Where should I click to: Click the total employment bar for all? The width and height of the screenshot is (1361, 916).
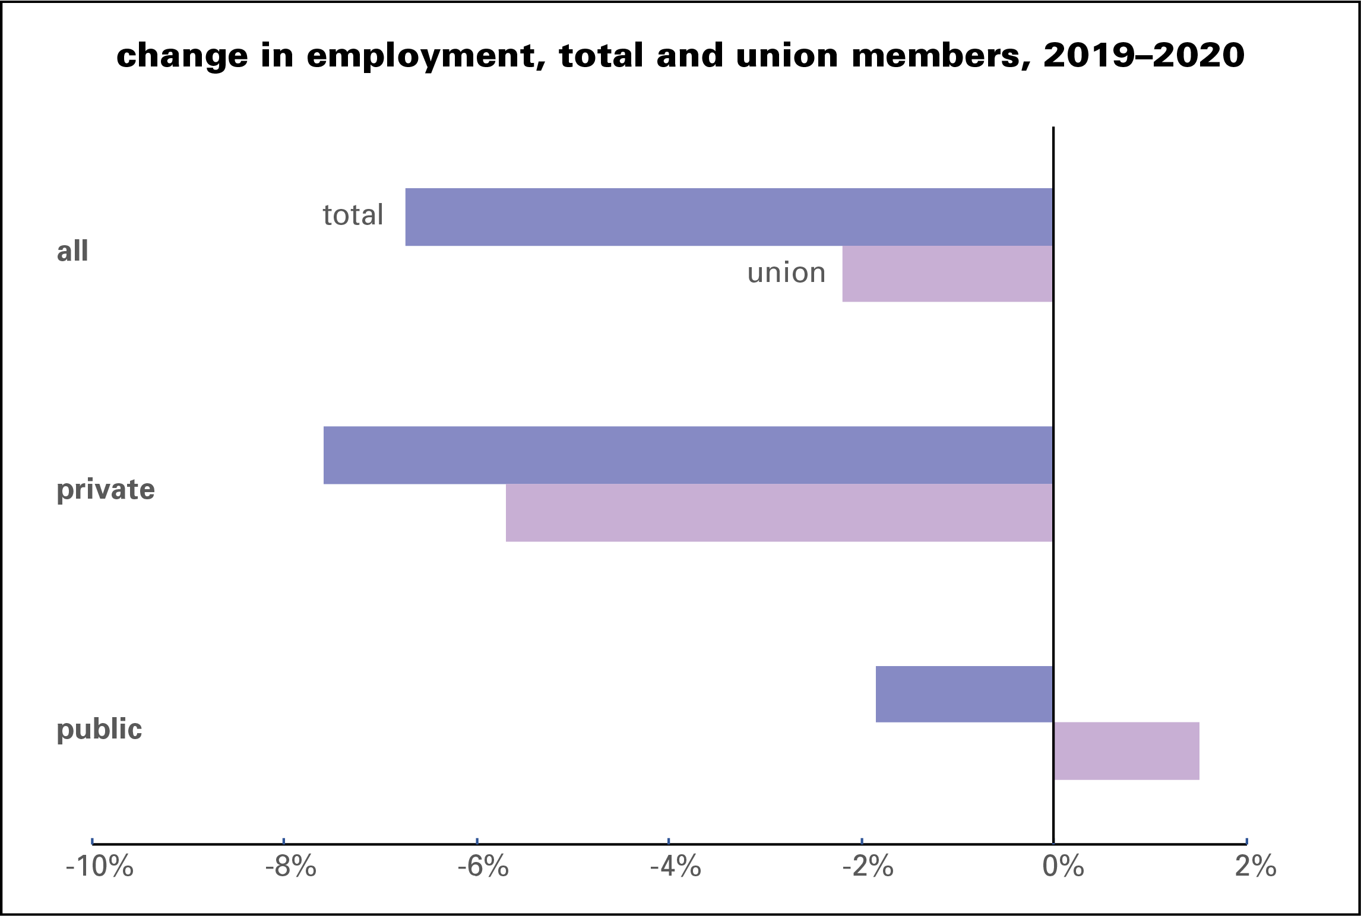tap(729, 217)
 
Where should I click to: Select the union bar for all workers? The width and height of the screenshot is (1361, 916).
tap(948, 274)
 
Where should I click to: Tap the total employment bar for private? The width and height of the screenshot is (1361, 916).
tap(688, 455)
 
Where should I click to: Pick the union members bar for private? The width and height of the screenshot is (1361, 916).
tap(779, 512)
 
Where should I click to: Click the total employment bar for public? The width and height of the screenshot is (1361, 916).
tap(964, 694)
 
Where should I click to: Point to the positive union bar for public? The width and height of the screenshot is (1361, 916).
tap(1126, 751)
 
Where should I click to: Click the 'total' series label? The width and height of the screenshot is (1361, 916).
tap(353, 215)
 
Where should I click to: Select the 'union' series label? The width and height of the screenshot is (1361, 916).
tap(786, 273)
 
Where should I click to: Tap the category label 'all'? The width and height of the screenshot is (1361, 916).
tap(72, 251)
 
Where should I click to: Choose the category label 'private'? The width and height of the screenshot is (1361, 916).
tap(106, 490)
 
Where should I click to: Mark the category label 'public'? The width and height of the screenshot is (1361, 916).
tap(99, 729)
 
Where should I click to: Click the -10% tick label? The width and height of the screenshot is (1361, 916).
tap(99, 867)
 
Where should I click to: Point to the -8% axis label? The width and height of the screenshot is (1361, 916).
tap(290, 867)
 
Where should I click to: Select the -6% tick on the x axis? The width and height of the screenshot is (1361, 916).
tap(483, 867)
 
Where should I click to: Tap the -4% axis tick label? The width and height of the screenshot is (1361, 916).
tap(675, 867)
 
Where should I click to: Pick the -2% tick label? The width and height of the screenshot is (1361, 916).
tap(868, 867)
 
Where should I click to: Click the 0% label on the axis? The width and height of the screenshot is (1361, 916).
tap(1063, 867)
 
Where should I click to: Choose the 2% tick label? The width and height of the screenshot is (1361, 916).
tap(1255, 867)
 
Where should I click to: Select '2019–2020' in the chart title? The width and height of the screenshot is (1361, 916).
tap(1144, 55)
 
